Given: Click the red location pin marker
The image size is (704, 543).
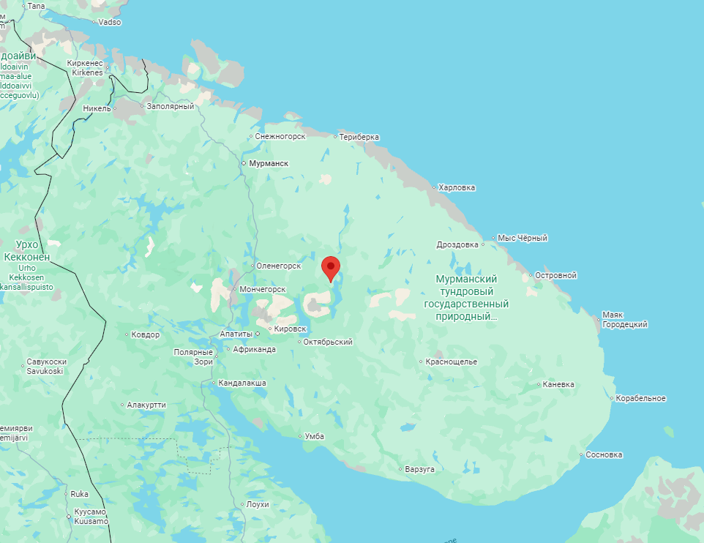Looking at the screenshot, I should (x=331, y=268).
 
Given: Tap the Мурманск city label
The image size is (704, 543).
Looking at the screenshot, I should (x=269, y=163).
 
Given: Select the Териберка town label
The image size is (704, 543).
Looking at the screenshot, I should (x=359, y=137).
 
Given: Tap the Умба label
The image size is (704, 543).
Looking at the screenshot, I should (x=314, y=436).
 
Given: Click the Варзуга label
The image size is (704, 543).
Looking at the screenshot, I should (x=420, y=468).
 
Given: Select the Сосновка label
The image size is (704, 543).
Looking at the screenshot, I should (x=604, y=454).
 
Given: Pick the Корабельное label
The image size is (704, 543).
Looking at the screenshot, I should (x=640, y=398).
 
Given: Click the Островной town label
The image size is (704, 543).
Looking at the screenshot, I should (x=555, y=275).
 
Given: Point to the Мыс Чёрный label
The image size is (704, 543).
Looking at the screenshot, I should (x=523, y=238).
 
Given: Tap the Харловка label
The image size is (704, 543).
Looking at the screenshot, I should (x=457, y=187).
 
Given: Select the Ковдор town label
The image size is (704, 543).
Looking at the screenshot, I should (x=145, y=334).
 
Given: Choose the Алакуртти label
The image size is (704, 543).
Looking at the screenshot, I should (x=146, y=405).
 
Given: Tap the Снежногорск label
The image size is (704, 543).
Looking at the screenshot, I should (x=280, y=136).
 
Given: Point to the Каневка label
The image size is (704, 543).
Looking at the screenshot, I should (x=559, y=384).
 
